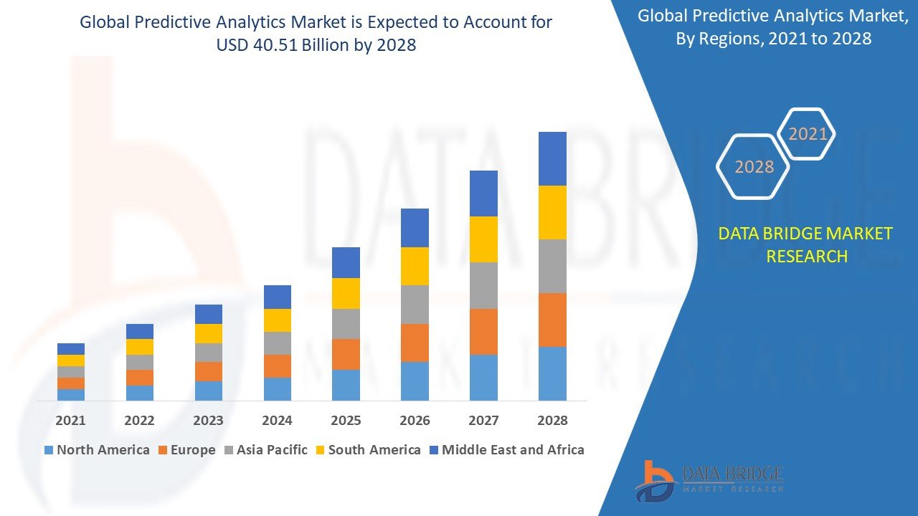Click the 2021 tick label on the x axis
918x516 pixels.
pos(70,420)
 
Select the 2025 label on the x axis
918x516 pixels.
pos(346,420)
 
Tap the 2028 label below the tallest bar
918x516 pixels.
pos(552,420)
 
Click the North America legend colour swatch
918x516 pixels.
pos(49,450)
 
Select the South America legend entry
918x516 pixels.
pos(367,450)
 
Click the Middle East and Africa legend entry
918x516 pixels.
pos(506,450)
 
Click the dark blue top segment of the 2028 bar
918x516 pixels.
pos(552,158)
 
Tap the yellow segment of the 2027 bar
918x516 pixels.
pos(483,239)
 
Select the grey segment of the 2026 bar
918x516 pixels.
pos(415,305)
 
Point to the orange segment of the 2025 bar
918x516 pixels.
pos(346,354)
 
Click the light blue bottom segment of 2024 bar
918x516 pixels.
pos(277,388)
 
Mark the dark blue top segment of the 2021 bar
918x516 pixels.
pos(70,349)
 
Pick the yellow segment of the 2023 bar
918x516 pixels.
pos(208,333)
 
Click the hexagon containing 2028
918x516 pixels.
pos(753,166)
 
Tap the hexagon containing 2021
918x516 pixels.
pos(807,134)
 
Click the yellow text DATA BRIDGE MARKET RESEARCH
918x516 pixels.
pos(806,245)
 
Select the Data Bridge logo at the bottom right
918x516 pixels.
pos(709,479)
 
